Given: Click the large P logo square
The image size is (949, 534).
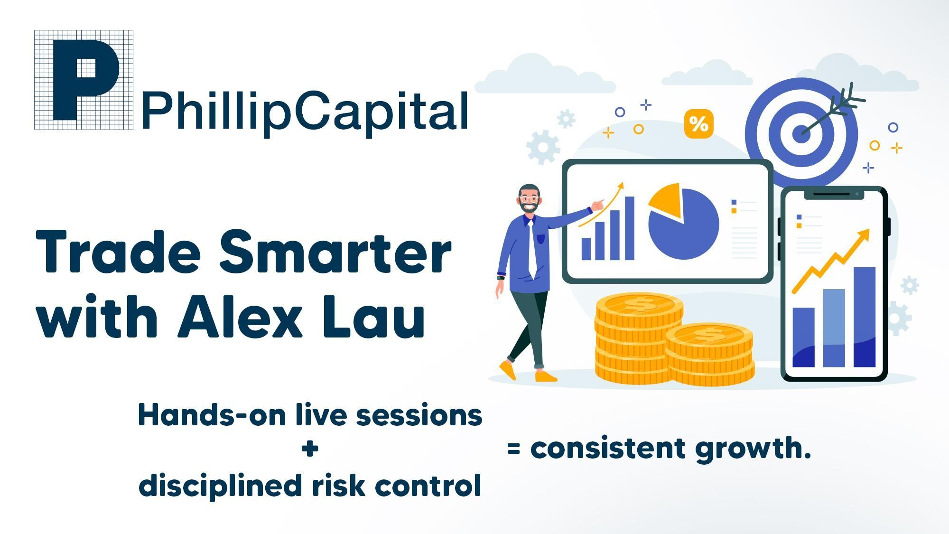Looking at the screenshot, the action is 84,80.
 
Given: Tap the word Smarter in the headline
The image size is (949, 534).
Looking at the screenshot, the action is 335,251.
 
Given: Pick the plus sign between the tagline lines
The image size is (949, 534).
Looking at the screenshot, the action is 310,449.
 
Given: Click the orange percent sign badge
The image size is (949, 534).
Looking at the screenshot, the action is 698,124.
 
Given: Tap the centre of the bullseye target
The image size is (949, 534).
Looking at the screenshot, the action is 802,133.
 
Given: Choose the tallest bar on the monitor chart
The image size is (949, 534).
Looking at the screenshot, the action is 630,228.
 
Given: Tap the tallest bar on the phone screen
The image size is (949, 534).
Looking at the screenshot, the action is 865,317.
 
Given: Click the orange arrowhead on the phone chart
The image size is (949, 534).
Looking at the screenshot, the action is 864,235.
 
